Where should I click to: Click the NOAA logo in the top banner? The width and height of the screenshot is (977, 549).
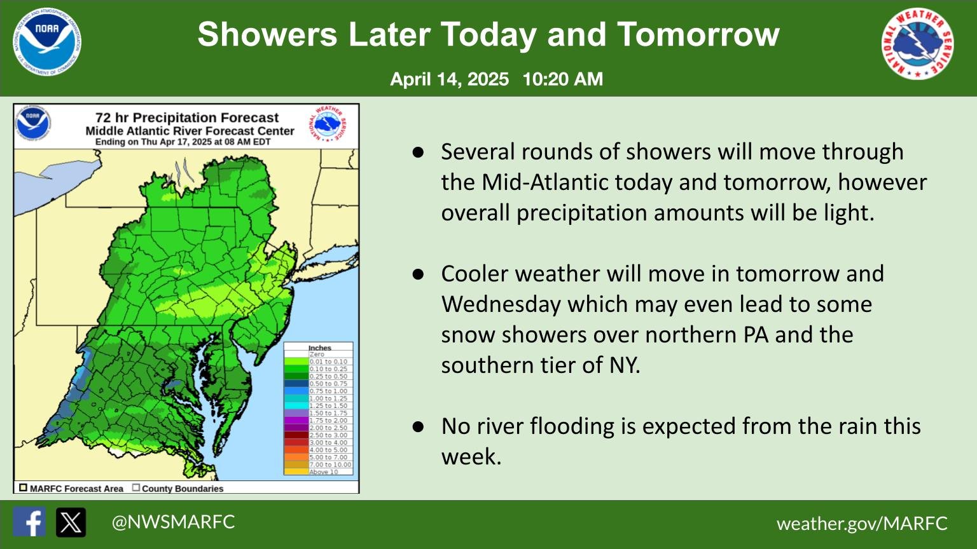pyautogui.click(x=47, y=43)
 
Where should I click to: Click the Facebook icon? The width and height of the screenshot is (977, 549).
pyautogui.click(x=29, y=522)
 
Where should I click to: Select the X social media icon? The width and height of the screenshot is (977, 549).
pyautogui.click(x=71, y=522)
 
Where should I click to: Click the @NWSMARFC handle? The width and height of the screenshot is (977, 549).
pyautogui.click(x=173, y=522)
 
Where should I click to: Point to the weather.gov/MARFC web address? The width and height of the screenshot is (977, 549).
pyautogui.click(x=862, y=524)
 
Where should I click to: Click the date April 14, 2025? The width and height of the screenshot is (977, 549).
pyautogui.click(x=449, y=79)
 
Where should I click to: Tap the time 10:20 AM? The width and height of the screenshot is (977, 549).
pyautogui.click(x=562, y=79)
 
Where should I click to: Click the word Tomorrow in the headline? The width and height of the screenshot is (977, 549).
pyautogui.click(x=698, y=34)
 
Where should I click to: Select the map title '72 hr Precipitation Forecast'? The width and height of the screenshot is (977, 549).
pyautogui.click(x=187, y=118)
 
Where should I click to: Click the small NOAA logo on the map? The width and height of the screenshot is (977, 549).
pyautogui.click(x=33, y=122)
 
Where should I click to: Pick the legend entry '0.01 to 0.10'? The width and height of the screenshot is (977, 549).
pyautogui.click(x=328, y=362)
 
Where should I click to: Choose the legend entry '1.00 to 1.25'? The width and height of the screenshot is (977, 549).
pyautogui.click(x=328, y=398)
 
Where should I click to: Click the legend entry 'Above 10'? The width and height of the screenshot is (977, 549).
pyautogui.click(x=324, y=472)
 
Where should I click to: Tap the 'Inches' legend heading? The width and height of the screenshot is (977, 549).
pyautogui.click(x=320, y=348)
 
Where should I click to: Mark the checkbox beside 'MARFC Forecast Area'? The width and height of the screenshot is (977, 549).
pyautogui.click(x=23, y=488)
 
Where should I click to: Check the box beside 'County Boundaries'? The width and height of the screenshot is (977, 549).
pyautogui.click(x=136, y=488)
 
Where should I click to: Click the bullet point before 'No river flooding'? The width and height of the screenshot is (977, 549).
pyautogui.click(x=418, y=426)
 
